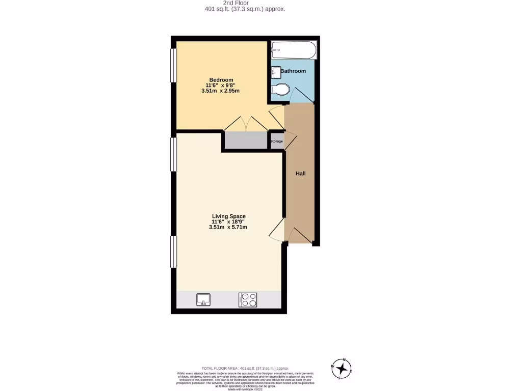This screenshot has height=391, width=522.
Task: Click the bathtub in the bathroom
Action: pos(294,50)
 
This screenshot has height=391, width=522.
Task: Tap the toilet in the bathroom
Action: pos(280,90)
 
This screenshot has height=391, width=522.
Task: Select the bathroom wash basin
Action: pos(276,72)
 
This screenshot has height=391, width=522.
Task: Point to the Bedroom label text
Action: pos(221,80)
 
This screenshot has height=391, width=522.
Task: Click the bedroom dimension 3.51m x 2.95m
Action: pos(221,91)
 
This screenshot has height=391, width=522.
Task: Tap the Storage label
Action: pos(276,142)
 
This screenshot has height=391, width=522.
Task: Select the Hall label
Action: pos(301,174)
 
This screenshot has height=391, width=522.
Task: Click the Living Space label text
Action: pos(228,216)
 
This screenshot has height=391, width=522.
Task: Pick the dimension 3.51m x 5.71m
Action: pos(228,227)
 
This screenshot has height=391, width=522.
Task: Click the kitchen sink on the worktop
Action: pos(203,299)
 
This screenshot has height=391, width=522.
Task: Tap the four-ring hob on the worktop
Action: pos(248,299)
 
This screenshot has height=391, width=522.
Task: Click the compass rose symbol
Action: pos(341,368)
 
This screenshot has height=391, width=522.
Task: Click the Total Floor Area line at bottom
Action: pos(245,368)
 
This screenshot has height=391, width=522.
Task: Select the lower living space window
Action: pos(173,252)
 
